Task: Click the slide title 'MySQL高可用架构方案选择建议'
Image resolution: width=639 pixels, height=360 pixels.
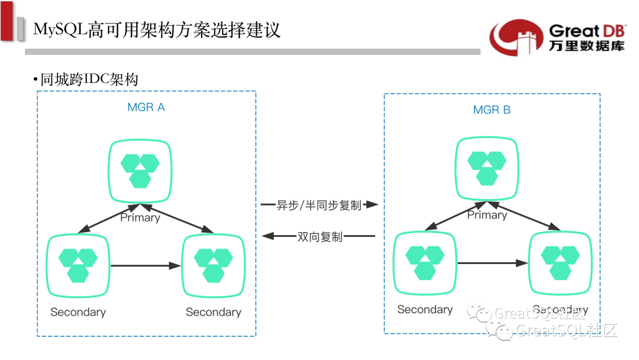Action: coord(157,29)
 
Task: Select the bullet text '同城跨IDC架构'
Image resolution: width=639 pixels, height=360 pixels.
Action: coord(89,79)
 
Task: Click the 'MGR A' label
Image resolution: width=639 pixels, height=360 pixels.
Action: coord(146,107)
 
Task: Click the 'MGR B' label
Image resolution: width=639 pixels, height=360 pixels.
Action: coord(492,110)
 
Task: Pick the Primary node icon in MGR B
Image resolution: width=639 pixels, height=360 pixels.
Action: coord(487,168)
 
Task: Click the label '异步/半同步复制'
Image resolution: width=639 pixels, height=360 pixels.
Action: coord(318,205)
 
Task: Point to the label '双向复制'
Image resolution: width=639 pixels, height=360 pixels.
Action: coord(319,236)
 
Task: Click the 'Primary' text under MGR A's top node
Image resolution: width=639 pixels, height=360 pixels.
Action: coord(140,217)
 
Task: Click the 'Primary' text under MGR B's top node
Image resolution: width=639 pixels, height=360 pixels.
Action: coord(487,215)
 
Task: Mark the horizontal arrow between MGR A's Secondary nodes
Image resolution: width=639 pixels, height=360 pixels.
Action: coord(146,266)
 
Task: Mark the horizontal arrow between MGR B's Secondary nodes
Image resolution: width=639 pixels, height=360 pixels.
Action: coord(492,263)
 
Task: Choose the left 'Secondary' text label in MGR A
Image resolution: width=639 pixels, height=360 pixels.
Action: coord(78,312)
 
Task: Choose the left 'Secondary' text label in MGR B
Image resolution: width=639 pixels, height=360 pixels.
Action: coord(425,309)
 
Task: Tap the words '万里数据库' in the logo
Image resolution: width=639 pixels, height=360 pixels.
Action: coord(586,46)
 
